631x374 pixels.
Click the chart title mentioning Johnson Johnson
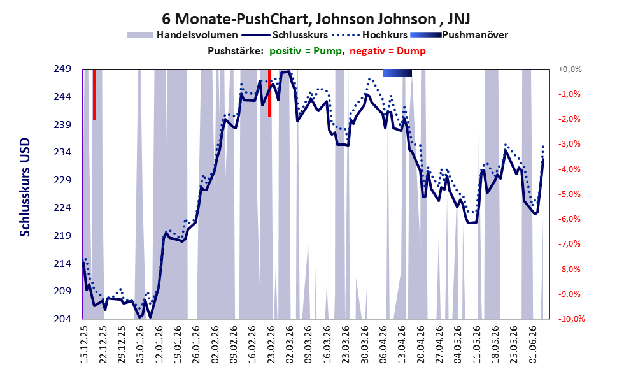coord(316,18)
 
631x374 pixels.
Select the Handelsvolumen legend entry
coord(182,35)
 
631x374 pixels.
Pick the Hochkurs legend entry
coord(369,35)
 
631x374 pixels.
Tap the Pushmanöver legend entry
coord(458,35)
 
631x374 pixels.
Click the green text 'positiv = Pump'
coord(306,51)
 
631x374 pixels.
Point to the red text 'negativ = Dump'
coord(388,51)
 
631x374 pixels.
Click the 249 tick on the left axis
coord(62,69)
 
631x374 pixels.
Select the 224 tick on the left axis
coord(62,208)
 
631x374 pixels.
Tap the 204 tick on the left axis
coord(62,319)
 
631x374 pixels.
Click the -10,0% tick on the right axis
coord(571,319)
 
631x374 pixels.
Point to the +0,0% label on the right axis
coord(570,69)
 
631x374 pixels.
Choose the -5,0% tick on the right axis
coord(570,194)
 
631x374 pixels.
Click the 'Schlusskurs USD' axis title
coord(25,187)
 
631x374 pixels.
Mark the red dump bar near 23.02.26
coord(269,93)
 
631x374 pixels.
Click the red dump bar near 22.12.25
coord(94,94)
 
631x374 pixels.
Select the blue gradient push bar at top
coord(397,73)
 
